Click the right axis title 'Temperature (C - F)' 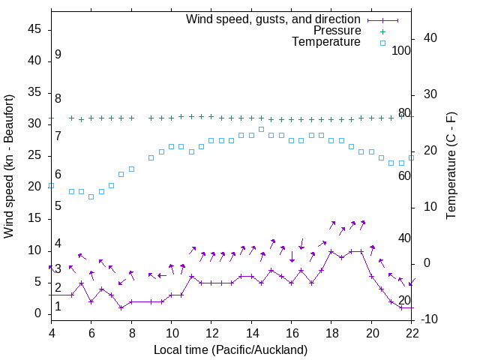point(451,166)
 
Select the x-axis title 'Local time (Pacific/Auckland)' point(231,349)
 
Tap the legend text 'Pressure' point(337,31)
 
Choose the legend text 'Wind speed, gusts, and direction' point(274,19)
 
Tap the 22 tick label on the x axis point(412,333)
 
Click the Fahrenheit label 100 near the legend point(401,51)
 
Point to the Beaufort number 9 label point(58,55)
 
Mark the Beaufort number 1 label point(58,307)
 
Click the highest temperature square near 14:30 point(261,129)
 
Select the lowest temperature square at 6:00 point(91,196)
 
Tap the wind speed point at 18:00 point(331,251)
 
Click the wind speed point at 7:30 point(121,307)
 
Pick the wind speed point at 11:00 point(191,276)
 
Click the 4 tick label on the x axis point(52,333)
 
